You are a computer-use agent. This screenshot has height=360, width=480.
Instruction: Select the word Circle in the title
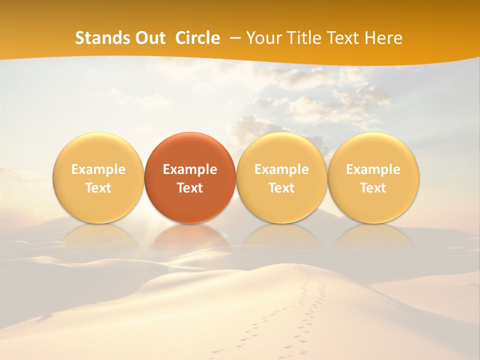197,38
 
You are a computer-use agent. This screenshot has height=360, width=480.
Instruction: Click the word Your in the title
262,38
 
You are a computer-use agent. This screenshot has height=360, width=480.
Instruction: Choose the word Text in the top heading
343,38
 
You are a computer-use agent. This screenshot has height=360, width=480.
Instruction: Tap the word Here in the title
384,38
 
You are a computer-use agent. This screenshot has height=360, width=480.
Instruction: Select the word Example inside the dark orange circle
190,169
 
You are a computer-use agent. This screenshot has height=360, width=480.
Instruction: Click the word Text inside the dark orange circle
190,188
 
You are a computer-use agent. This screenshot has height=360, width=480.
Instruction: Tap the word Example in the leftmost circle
98,169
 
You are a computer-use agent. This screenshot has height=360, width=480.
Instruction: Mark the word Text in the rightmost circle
373,188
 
